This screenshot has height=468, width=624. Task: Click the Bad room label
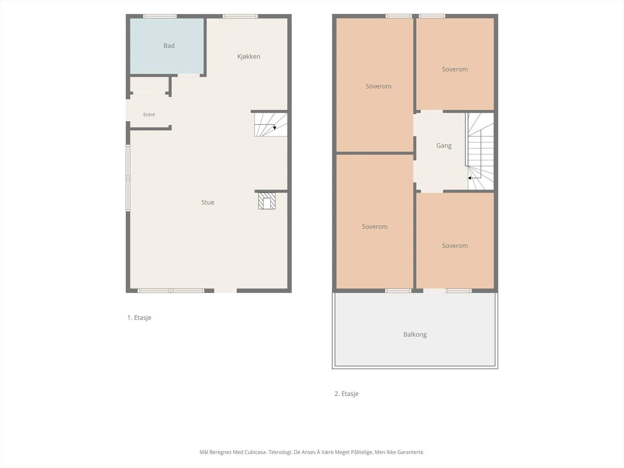tap(169, 46)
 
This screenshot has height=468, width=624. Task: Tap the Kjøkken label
tap(249, 57)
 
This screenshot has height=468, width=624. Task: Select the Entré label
tap(149, 115)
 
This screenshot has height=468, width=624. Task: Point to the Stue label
tap(208, 202)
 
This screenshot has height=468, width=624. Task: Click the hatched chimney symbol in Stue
tap(267, 201)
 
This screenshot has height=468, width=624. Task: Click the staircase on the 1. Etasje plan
tap(271, 124)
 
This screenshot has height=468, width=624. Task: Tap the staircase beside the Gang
tap(481, 151)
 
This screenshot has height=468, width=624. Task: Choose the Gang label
tap(444, 146)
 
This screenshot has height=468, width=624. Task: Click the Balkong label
tap(415, 335)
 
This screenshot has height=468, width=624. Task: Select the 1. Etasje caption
tap(139, 317)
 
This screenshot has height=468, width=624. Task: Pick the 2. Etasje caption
tap(347, 394)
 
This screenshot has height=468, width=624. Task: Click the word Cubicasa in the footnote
tap(255, 452)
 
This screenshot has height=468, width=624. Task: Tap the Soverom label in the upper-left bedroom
tap(378, 86)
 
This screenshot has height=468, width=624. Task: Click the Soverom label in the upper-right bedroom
tap(455, 69)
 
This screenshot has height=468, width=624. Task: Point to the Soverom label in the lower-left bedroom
tap(375, 227)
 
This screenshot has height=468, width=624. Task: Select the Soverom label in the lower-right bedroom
tap(455, 246)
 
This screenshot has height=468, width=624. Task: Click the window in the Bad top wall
tap(160, 16)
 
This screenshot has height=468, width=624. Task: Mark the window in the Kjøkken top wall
tap(240, 16)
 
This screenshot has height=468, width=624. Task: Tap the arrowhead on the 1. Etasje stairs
tap(275, 128)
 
